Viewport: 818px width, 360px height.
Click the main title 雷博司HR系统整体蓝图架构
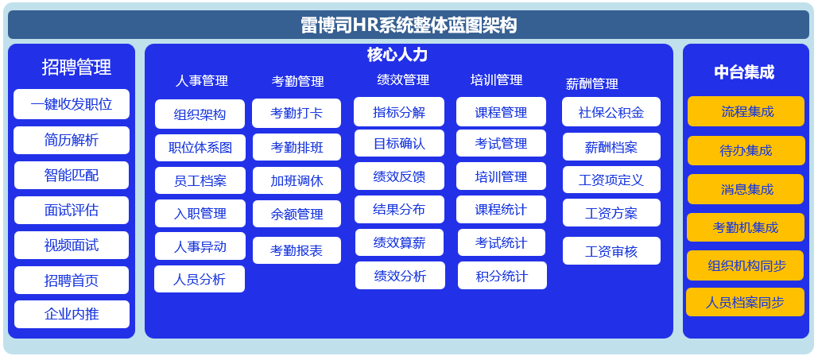(x=409, y=25)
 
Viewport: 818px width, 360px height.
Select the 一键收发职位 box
(x=72, y=104)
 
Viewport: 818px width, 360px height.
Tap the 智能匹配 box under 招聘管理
(x=72, y=176)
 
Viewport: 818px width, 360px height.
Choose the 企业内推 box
(x=72, y=314)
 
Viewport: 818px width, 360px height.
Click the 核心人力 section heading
(x=397, y=55)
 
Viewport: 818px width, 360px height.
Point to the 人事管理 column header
(x=201, y=81)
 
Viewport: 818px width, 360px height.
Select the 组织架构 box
(x=200, y=114)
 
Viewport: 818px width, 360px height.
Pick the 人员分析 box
(x=200, y=279)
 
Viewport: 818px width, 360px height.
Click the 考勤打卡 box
(x=297, y=113)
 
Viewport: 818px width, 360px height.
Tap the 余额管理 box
(x=297, y=214)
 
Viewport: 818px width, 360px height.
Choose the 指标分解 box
(x=399, y=111)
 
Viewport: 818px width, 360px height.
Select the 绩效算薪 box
(x=400, y=242)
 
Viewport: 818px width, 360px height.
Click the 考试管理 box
(x=502, y=143)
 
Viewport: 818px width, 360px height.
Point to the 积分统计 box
(x=502, y=276)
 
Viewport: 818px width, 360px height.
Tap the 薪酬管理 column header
(x=592, y=83)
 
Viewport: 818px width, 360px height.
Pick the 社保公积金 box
(x=611, y=111)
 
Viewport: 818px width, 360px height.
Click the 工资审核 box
(x=611, y=251)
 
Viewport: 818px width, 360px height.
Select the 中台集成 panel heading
(x=744, y=72)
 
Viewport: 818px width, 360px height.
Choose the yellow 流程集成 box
(x=746, y=111)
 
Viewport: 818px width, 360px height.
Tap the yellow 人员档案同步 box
(x=745, y=302)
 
